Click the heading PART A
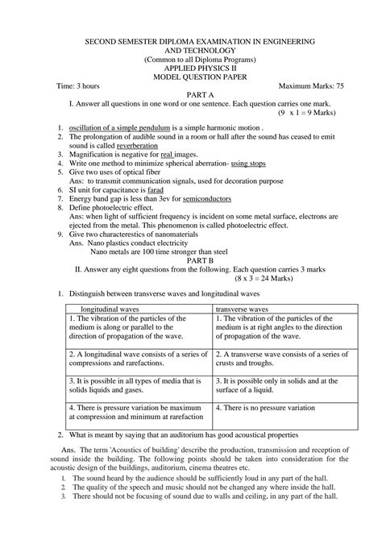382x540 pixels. [x=193, y=94]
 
